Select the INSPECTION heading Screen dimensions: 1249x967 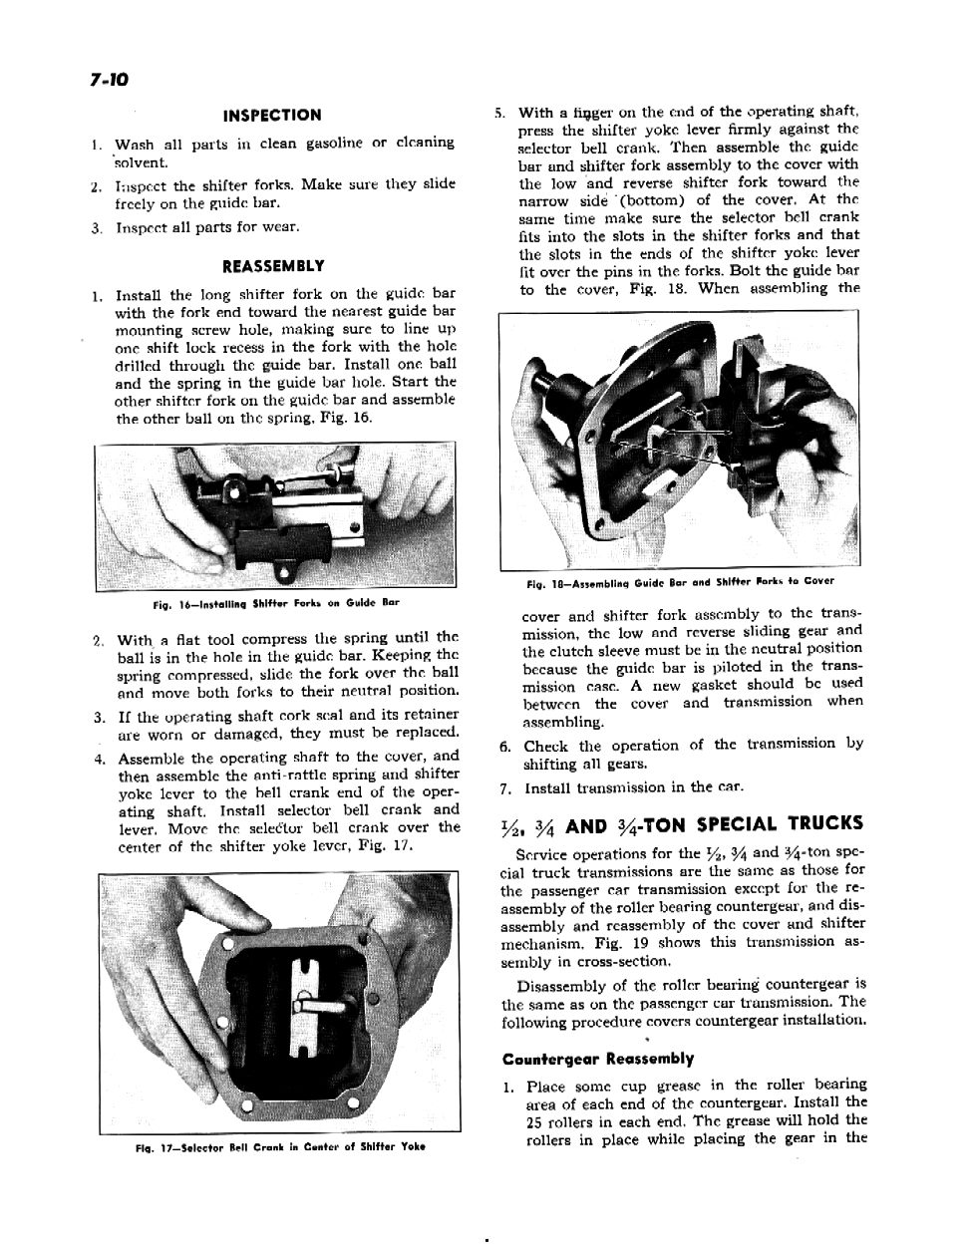coord(271,116)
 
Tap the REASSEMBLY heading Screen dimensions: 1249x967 coord(272,266)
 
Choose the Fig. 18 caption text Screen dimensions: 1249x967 coord(680,581)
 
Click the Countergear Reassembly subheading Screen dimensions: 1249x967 coord(598,1059)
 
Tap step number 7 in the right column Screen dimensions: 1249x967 coord(505,788)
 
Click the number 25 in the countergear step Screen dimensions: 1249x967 coord(534,1120)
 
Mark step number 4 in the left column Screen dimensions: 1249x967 coord(99,757)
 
